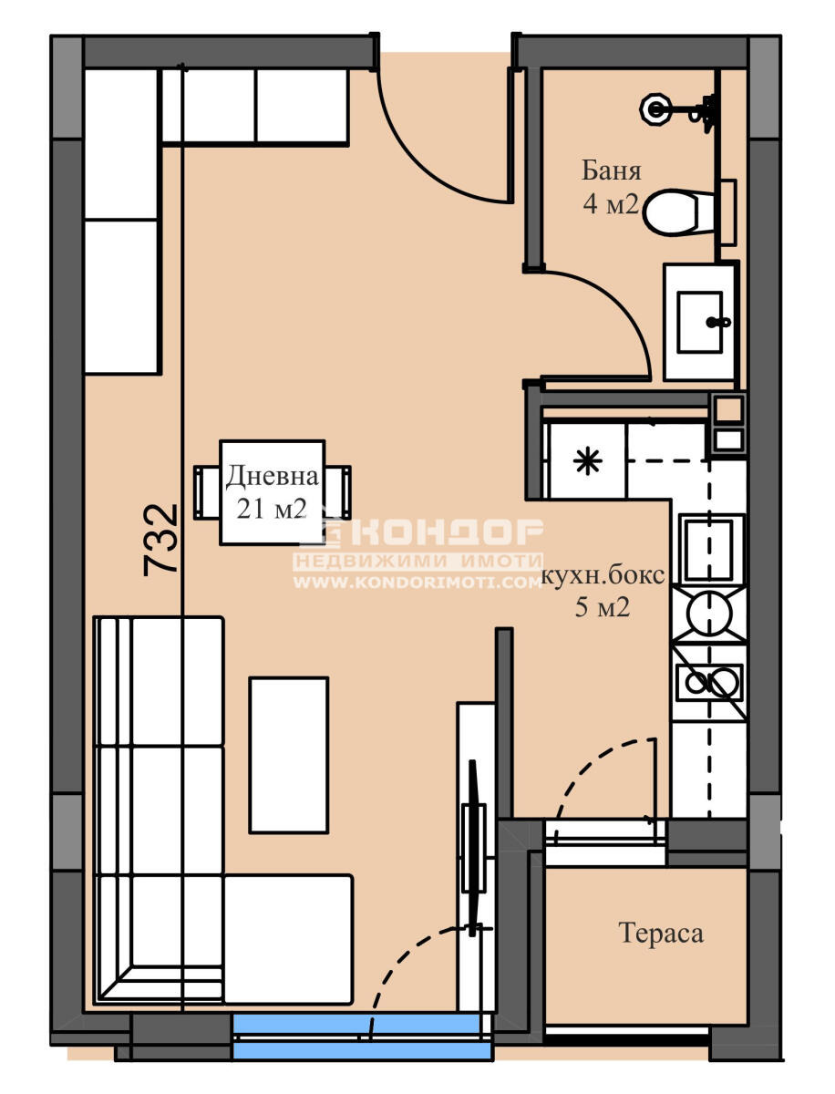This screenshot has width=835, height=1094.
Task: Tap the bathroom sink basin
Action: [x=700, y=321]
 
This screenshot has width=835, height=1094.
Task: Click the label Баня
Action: [x=612, y=170]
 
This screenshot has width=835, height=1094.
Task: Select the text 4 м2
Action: [x=611, y=203]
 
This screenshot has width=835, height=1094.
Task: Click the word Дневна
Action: [x=273, y=476]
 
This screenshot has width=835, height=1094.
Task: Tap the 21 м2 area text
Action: [x=272, y=509]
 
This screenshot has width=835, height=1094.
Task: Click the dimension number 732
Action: [x=161, y=539]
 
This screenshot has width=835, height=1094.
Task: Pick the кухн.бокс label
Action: [x=603, y=575]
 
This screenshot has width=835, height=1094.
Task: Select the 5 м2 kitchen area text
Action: [x=603, y=608]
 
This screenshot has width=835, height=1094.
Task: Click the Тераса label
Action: [x=661, y=934]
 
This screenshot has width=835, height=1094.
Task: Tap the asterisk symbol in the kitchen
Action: [x=586, y=463]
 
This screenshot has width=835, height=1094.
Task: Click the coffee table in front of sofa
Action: [x=288, y=754]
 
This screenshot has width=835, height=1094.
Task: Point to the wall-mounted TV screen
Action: [x=473, y=839]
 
